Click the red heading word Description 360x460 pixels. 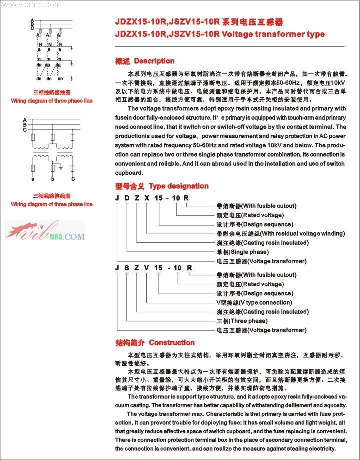[154, 61]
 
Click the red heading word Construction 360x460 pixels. [171, 343]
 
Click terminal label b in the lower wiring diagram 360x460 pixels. [52, 179]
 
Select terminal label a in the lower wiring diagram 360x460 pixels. [33, 179]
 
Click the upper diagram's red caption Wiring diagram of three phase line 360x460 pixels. [52, 101]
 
